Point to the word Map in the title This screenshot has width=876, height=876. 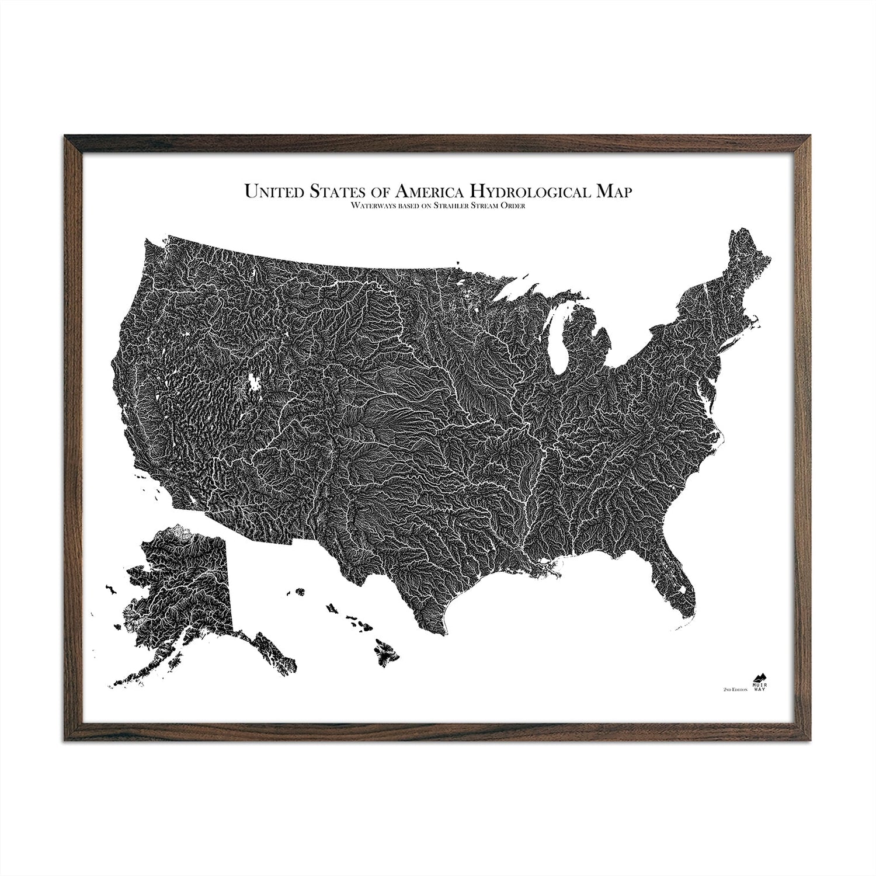click(x=613, y=192)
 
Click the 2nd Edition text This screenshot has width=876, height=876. click(x=735, y=690)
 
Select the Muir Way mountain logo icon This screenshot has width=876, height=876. click(x=760, y=679)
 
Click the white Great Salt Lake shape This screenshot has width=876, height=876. click(x=254, y=383)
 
